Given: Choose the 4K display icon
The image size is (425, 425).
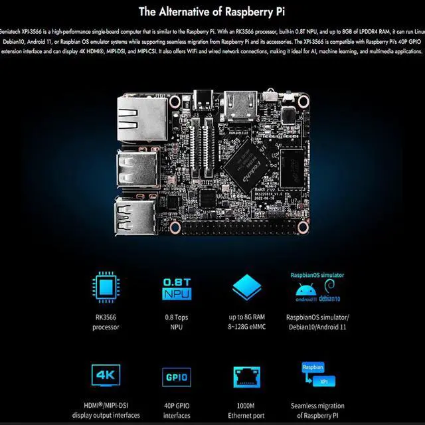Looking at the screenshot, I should (106, 375).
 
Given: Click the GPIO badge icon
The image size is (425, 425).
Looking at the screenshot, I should (177, 377).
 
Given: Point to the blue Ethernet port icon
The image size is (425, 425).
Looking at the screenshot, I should (246, 376).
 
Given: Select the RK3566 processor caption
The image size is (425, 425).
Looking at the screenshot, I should (106, 321).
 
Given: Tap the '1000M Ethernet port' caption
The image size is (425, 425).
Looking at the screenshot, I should (246, 410).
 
